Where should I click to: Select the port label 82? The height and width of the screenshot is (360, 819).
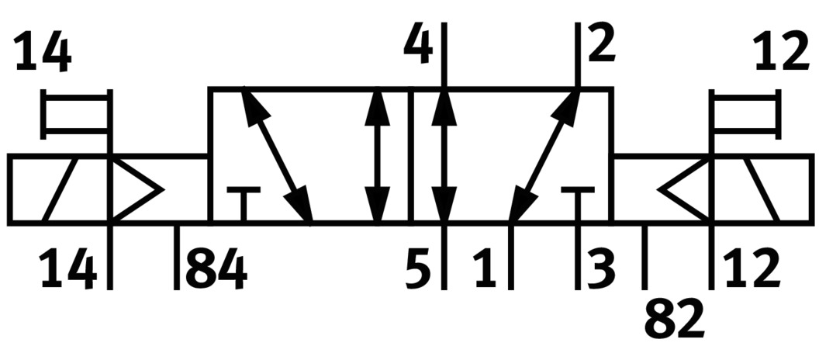point(674,318)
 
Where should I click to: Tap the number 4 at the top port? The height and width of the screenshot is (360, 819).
point(420,46)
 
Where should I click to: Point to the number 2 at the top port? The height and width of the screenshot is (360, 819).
point(602,44)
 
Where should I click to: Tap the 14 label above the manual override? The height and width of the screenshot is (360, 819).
point(43,54)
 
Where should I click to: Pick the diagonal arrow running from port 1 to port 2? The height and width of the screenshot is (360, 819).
point(545,156)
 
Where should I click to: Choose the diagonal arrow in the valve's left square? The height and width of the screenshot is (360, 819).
point(278,156)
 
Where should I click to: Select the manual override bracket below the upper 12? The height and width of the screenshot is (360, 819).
point(744,113)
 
